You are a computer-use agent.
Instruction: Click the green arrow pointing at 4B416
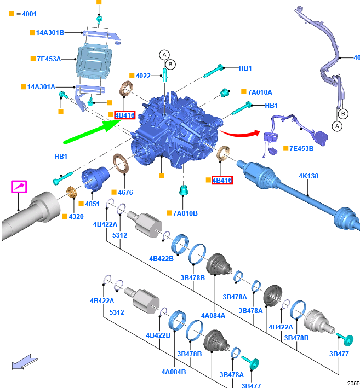coord(92,131)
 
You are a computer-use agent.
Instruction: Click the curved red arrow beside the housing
coord(240,134)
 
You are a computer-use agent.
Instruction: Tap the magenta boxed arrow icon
coord(19,187)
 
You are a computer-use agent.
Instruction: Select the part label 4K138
coord(308,176)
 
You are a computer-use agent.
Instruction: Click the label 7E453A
coord(49,59)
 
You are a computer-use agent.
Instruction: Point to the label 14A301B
coord(50,33)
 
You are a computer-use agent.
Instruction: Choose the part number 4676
coord(125,192)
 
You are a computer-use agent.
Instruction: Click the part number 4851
coord(93,204)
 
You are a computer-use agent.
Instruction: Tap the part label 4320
coord(76,217)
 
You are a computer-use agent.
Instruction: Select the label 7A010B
coord(185,213)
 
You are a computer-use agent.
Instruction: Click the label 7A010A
coord(260,92)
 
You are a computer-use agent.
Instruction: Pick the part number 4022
coord(143,76)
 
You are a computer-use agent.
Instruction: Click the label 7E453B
coord(301,149)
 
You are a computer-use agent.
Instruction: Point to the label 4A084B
coord(174,372)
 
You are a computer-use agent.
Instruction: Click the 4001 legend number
coord(29,14)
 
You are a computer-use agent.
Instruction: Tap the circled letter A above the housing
coord(164,55)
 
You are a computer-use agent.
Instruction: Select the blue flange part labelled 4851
coord(95,179)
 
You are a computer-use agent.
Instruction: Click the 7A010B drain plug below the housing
coord(184,190)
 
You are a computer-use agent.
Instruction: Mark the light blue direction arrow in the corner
coord(25,362)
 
